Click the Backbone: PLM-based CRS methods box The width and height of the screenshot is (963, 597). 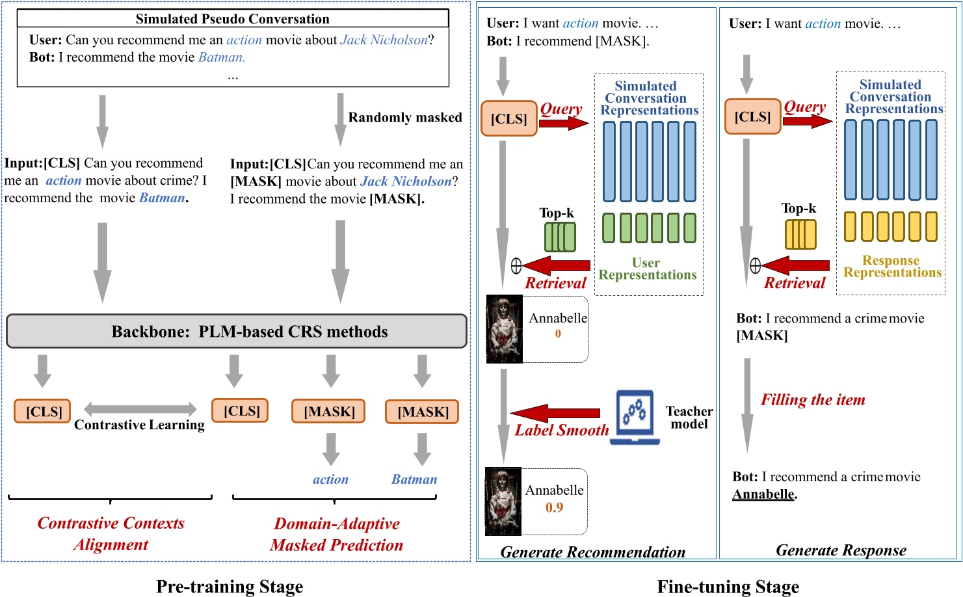[x=237, y=332]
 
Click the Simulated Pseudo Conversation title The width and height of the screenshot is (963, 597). [x=232, y=19]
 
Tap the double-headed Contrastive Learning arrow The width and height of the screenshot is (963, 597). [x=140, y=409]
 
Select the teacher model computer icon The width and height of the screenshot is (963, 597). [x=634, y=418]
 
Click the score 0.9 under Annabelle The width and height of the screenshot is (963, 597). [x=554, y=507]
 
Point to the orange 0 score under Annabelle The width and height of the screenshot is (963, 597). [x=558, y=334]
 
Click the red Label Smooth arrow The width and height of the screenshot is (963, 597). [x=556, y=413]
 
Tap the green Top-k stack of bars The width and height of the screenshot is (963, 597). [x=560, y=237]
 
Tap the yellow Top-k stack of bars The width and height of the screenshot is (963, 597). [x=800, y=235]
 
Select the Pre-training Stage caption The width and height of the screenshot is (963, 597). [x=230, y=587]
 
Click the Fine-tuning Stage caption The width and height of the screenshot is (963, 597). [x=728, y=587]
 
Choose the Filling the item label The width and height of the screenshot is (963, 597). [x=813, y=400]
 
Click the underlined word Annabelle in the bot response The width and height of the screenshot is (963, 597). [x=763, y=494]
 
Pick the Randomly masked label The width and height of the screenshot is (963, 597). [x=405, y=118]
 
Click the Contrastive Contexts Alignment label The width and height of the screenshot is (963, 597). [x=111, y=534]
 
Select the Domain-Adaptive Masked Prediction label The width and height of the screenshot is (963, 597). [x=337, y=534]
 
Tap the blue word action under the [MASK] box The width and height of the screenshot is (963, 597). [x=330, y=479]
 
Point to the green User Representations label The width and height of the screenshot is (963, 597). [x=647, y=269]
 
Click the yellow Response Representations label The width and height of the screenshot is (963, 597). [x=892, y=267]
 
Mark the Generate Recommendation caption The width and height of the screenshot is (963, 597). [x=592, y=552]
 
